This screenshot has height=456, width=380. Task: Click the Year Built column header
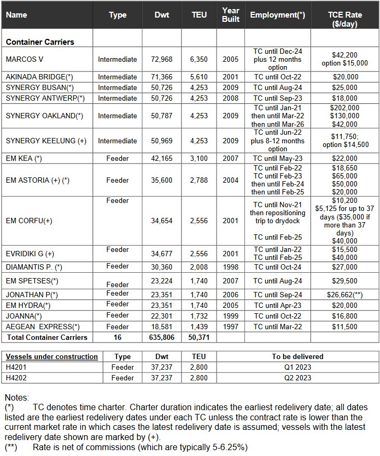point(231,14)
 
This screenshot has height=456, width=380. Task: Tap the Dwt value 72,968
point(162,59)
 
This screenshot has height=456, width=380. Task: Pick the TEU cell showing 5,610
point(199,77)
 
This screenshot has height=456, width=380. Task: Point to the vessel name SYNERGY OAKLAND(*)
point(44,116)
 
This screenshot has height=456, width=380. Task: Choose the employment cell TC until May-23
point(277,158)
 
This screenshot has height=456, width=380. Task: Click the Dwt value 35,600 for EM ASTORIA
point(162,180)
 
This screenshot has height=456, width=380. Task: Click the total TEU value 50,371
point(199,337)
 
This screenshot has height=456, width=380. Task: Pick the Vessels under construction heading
point(52,356)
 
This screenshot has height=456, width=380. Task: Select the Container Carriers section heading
point(40,42)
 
